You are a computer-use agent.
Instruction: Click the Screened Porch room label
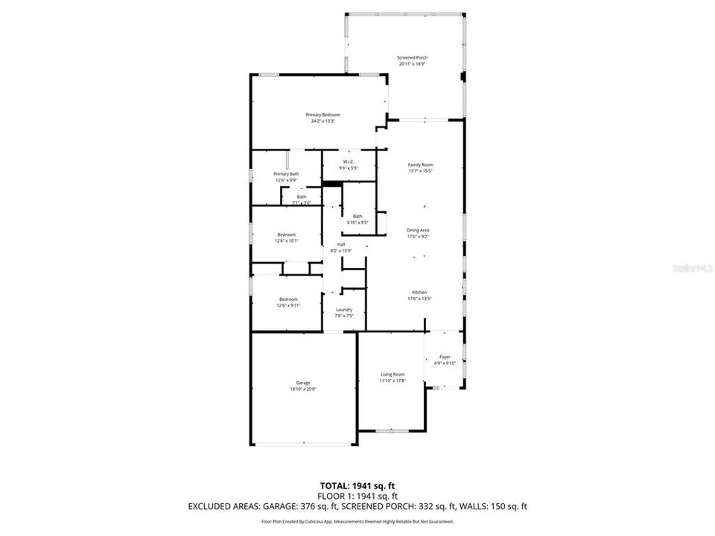(412, 57)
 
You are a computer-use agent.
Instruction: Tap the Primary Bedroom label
(322, 115)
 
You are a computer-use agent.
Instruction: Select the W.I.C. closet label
(348, 162)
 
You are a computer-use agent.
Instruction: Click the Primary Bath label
(286, 173)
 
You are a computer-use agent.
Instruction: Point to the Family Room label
(420, 165)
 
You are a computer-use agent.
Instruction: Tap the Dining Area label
(417, 230)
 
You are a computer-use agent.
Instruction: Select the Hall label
(341, 244)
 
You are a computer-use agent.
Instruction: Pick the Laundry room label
(343, 310)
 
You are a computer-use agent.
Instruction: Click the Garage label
(303, 383)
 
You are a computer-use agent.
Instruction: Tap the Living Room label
(393, 374)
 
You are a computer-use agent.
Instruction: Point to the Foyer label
(445, 357)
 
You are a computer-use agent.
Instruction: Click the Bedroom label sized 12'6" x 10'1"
(287, 234)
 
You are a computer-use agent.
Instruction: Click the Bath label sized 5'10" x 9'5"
(357, 217)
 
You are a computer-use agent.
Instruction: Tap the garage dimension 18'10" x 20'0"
(303, 389)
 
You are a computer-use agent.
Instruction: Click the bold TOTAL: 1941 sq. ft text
(357, 485)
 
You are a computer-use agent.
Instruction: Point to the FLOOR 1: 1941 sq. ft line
(357, 496)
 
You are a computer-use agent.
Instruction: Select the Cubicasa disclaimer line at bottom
(357, 522)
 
